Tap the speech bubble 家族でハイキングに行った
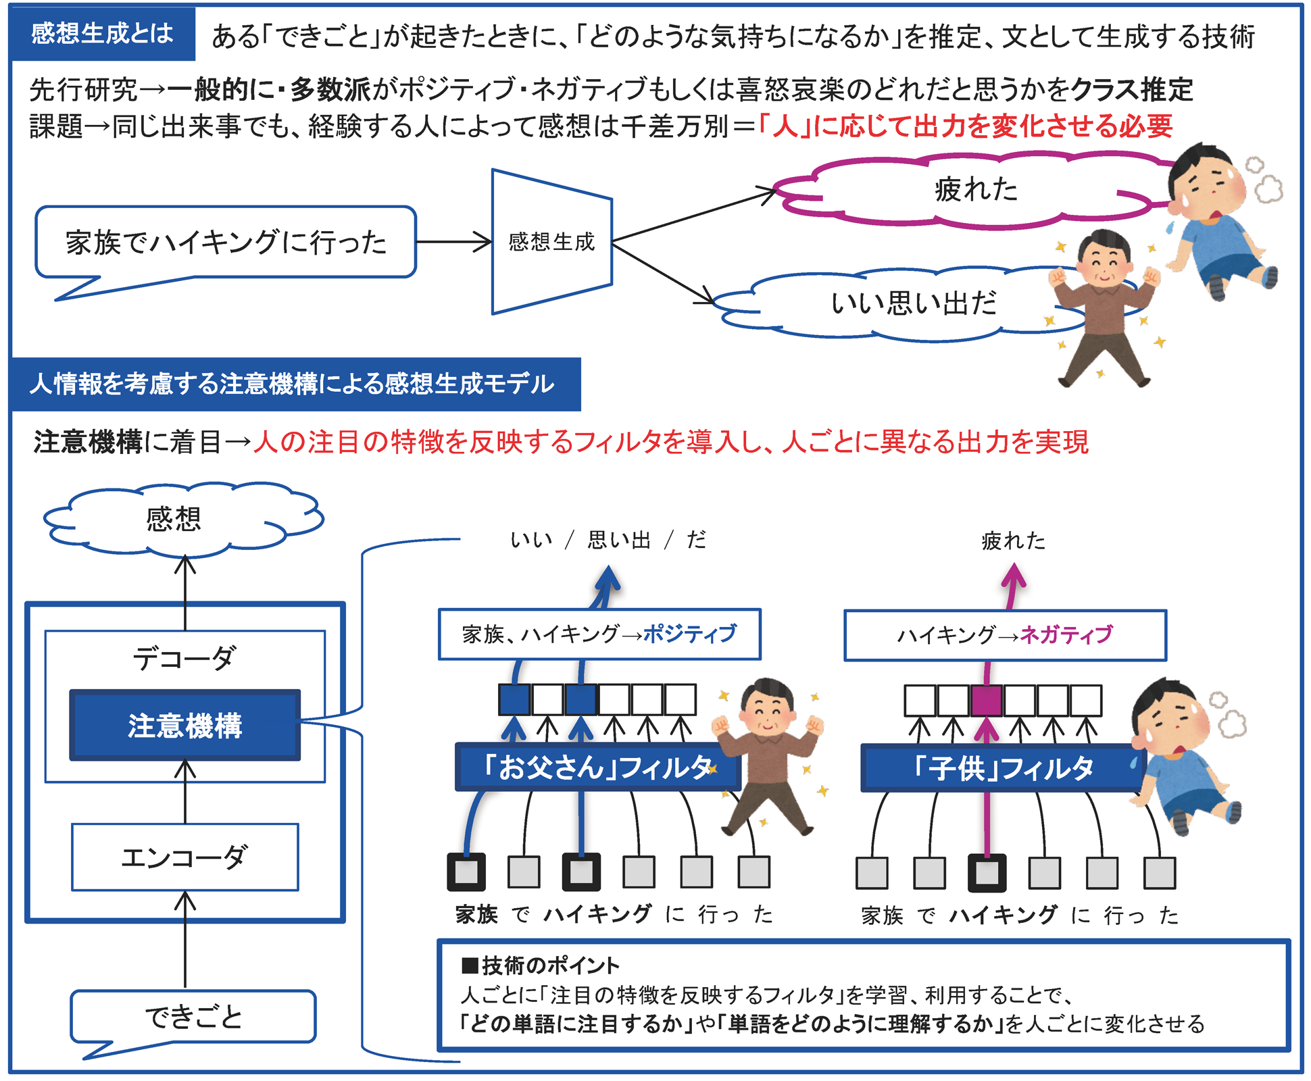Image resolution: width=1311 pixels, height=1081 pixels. (226, 243)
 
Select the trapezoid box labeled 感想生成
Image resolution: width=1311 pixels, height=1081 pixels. (551, 242)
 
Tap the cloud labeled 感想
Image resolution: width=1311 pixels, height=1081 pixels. (174, 519)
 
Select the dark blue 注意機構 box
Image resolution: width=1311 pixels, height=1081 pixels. (184, 726)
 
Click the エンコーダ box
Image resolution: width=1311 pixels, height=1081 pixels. (184, 857)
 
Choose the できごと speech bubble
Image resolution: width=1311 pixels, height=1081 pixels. (193, 1016)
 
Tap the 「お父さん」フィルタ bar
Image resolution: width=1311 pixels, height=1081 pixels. (597, 768)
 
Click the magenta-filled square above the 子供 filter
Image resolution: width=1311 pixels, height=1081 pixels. (986, 701)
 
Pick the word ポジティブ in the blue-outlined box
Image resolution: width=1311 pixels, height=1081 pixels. (689, 634)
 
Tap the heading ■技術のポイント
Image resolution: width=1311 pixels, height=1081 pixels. (540, 965)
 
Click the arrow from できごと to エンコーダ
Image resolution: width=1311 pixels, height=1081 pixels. (184, 939)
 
